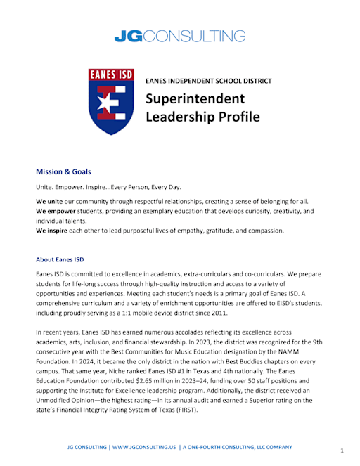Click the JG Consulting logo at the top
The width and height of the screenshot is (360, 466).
coord(180,36)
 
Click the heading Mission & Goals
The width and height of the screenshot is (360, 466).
coord(63,171)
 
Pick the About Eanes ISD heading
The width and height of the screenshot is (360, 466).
coord(60,259)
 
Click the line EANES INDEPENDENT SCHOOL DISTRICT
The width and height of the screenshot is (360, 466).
coord(208,81)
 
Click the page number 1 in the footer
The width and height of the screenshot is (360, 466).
coord(342,450)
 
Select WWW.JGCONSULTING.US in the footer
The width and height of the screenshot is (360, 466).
coord(143,447)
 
